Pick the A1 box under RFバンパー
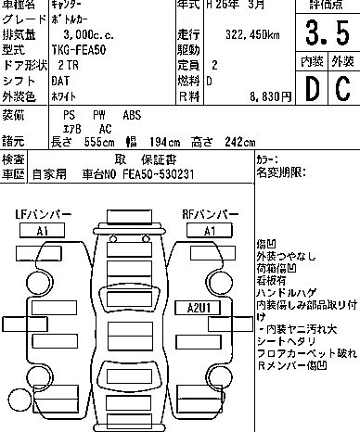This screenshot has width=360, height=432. [x=210, y=230]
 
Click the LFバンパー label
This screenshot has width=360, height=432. [x=43, y=215]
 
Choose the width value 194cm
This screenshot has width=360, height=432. [x=162, y=141]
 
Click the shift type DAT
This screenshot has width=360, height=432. [x=68, y=82]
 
